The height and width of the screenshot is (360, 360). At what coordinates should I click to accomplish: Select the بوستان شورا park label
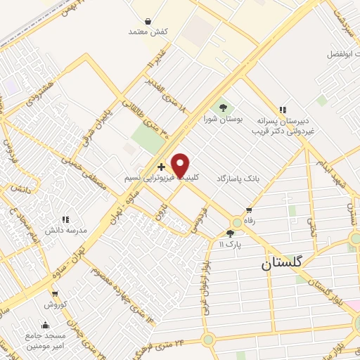click(223, 120)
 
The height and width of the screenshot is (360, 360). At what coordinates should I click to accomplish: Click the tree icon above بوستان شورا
click(223, 108)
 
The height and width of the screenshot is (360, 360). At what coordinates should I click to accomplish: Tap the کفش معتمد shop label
click(147, 32)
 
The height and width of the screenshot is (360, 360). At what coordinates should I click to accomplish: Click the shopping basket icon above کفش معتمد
click(148, 21)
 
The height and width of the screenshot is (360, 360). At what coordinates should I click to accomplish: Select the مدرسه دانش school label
click(66, 231)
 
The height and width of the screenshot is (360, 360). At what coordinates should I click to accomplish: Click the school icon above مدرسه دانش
click(66, 219)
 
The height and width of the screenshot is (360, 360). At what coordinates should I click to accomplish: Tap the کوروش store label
click(55, 304)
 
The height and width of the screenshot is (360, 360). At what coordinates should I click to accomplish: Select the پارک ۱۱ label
click(229, 244)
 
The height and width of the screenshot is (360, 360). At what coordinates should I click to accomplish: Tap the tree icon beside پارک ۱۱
click(229, 233)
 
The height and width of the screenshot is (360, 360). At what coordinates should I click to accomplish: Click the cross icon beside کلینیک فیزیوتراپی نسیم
click(162, 167)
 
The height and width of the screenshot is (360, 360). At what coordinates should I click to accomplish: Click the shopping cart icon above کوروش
click(55, 293)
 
